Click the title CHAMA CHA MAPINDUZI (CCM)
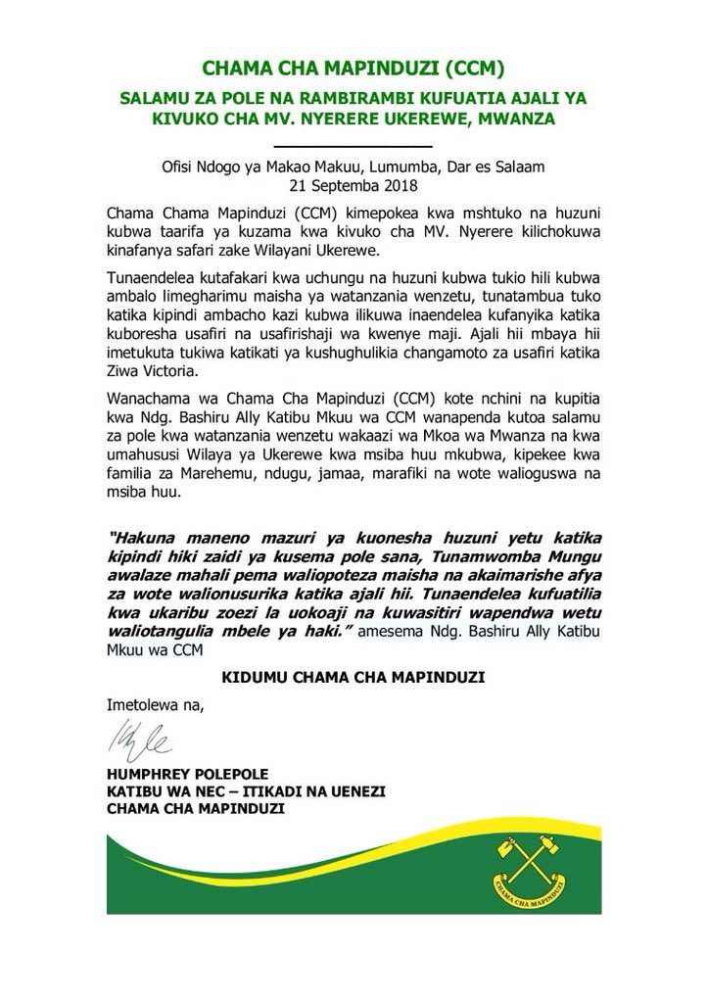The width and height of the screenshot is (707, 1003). (x=353, y=69)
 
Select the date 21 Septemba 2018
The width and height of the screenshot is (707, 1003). (x=353, y=184)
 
